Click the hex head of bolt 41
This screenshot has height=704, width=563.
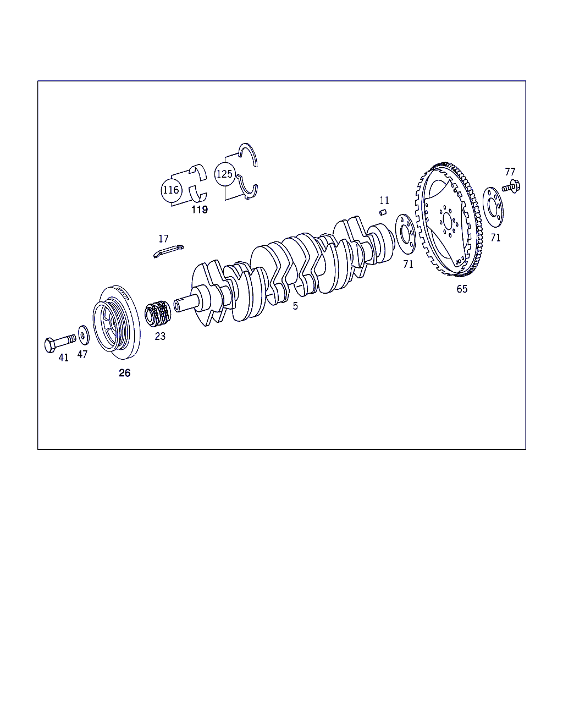(x=50, y=345)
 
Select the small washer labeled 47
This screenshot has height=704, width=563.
(x=84, y=335)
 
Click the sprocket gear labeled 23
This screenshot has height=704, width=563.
(x=158, y=313)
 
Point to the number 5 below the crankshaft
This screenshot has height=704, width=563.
(x=295, y=306)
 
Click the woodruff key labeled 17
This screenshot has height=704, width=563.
(x=168, y=251)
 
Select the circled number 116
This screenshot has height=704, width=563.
(x=172, y=190)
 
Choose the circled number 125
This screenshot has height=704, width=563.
(x=225, y=174)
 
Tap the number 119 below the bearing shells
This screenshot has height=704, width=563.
(x=200, y=210)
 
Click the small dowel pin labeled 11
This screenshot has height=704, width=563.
(x=383, y=212)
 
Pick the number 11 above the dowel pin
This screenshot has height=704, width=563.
(x=384, y=200)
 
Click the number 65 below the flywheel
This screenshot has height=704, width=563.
(x=462, y=289)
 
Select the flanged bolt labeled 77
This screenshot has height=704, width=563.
(x=511, y=186)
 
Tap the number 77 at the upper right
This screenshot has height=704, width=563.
(x=510, y=172)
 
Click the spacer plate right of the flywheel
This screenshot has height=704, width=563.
(x=493, y=207)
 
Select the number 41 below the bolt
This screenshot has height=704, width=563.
(x=63, y=358)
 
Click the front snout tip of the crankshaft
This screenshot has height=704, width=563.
(x=177, y=306)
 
